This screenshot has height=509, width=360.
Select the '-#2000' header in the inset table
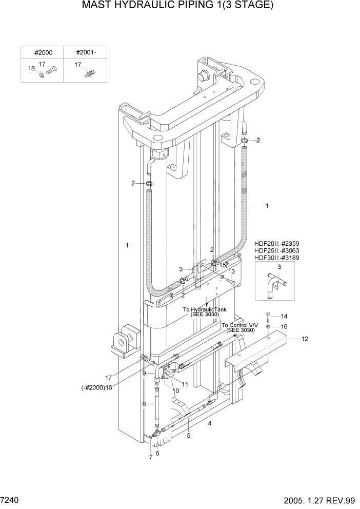click(42, 52)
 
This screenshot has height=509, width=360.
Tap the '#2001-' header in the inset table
click(85, 52)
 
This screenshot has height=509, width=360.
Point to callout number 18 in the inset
click(31, 68)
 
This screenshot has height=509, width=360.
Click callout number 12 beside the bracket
click(305, 339)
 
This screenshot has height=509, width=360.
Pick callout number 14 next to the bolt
click(284, 316)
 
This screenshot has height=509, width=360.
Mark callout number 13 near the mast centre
click(232, 271)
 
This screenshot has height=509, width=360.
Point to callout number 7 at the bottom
click(151, 457)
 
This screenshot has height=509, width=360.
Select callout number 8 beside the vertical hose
click(145, 405)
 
